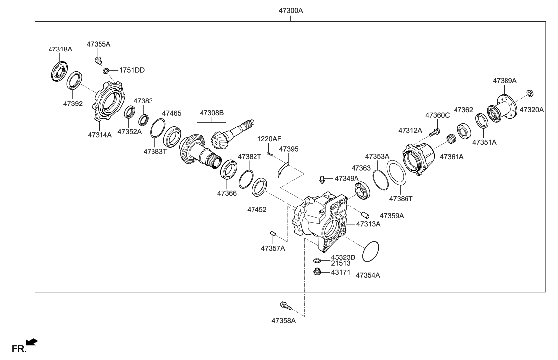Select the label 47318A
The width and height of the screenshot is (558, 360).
click(60, 50)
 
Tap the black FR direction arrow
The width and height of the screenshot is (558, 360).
click(32, 342)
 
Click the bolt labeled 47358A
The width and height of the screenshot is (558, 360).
click(283, 306)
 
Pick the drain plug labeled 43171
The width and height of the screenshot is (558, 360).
click(317, 271)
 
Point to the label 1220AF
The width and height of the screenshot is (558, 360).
click(268, 139)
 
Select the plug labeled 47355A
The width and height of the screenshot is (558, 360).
click(98, 60)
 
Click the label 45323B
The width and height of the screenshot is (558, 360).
click(343, 257)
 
